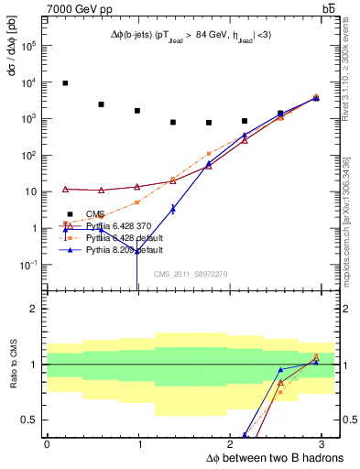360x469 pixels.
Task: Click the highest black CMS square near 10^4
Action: click(65, 83)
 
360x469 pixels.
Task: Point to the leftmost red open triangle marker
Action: click(65, 189)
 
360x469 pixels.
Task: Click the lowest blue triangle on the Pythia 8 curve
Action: click(136, 250)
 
